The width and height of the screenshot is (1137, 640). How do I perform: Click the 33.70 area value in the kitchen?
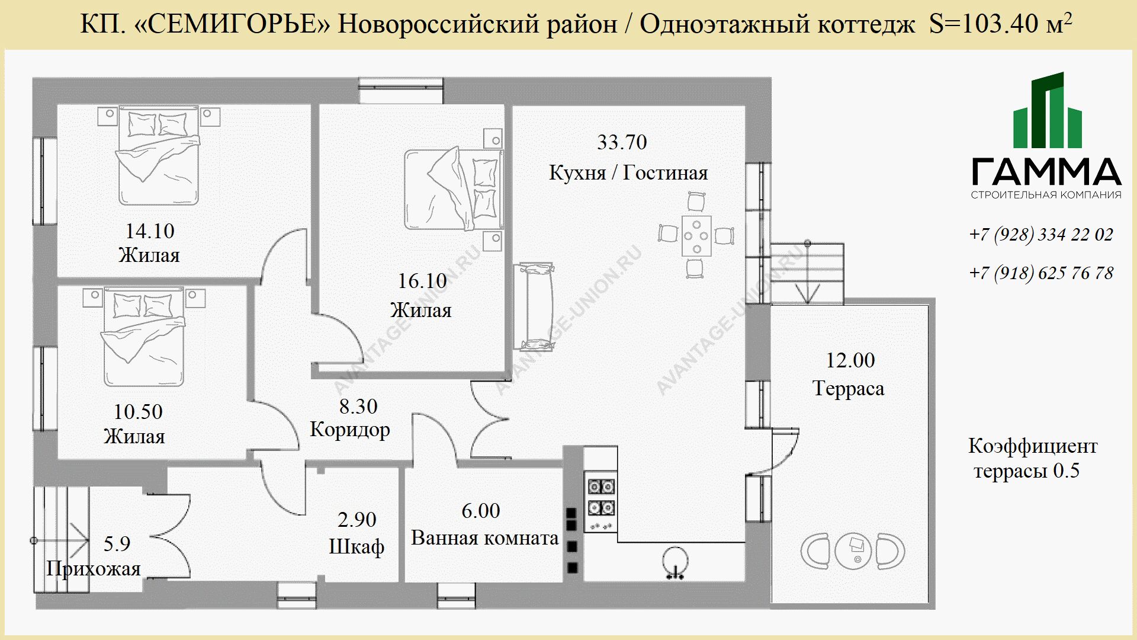622,142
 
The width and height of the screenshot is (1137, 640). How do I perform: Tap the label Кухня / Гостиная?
628,173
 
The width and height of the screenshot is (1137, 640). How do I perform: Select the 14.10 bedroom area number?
150,231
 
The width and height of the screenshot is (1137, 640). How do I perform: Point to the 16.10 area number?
422,281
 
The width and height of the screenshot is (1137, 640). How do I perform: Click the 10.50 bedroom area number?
138,412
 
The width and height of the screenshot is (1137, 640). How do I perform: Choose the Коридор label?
350,430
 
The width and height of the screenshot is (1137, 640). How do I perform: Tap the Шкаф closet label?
356,546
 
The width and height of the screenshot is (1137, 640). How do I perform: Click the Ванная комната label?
485,538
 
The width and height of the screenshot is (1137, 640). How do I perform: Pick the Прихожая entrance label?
94,569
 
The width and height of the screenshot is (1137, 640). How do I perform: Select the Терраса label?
849,389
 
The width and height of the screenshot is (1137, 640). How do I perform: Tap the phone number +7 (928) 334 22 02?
1041,235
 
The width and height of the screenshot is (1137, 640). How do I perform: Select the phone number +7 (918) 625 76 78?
1041,273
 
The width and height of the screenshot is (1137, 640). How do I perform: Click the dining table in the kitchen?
696,236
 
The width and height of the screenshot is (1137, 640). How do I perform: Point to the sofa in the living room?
534,307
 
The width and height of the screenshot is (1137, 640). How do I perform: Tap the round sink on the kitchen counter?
675,560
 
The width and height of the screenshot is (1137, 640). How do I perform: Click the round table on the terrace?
853,551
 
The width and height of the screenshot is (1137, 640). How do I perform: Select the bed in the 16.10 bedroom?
454,190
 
